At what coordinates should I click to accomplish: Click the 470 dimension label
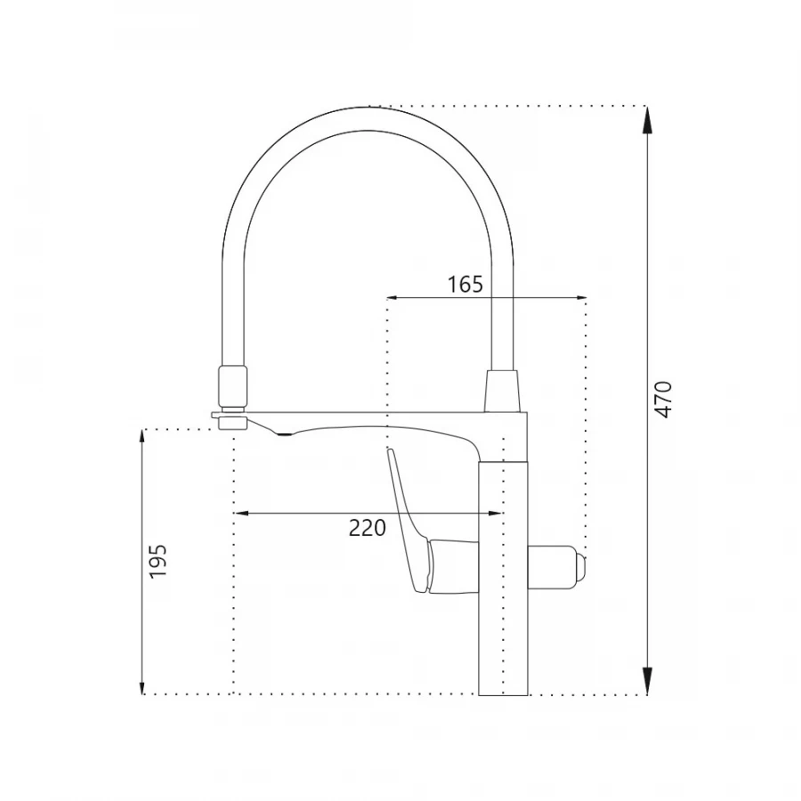point(663,399)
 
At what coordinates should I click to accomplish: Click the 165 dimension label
point(465,284)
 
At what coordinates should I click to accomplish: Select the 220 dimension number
point(368,527)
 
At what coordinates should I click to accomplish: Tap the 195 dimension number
point(158,561)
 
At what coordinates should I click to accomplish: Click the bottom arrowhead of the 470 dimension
point(647,681)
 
